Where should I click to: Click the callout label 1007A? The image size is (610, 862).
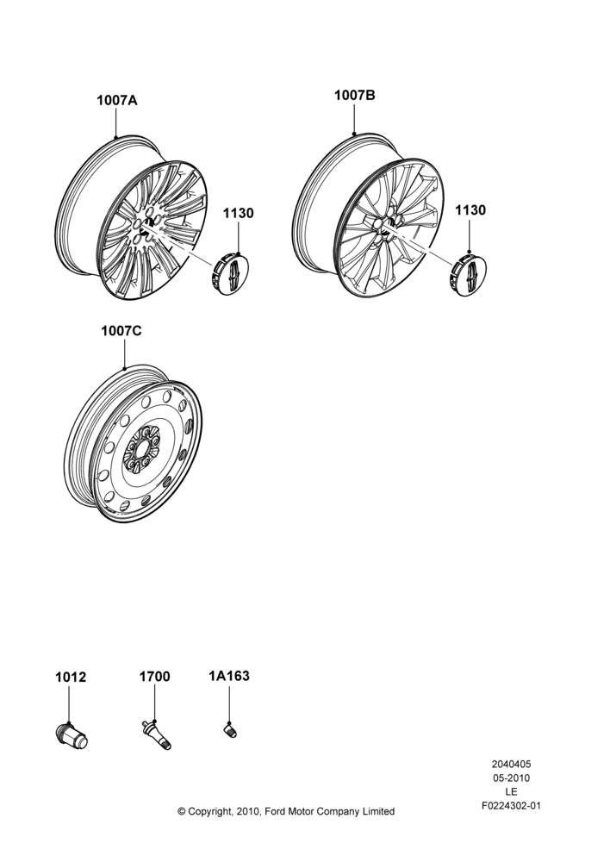[117, 101]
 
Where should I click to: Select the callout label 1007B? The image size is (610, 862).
[355, 95]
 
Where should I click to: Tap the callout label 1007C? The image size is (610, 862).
[121, 331]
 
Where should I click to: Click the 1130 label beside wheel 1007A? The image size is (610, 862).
[238, 213]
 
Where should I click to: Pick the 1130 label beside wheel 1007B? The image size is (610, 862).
[470, 210]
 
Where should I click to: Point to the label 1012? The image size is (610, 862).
[71, 678]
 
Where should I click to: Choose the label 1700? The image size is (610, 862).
[154, 677]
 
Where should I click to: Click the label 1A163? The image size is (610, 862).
[229, 676]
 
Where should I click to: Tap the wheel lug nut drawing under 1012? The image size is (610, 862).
[72, 735]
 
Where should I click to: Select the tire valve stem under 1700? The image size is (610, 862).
[156, 734]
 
